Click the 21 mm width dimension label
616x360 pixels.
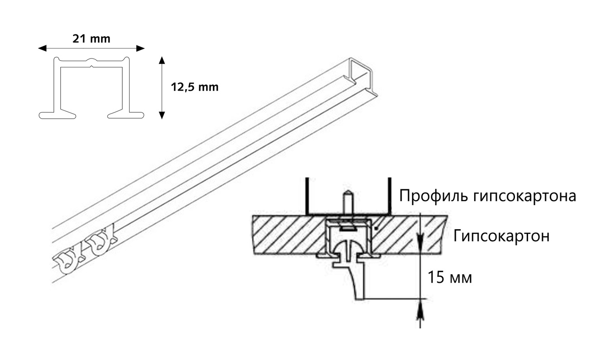pyautogui.click(x=91, y=39)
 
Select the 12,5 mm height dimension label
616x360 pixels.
pyautogui.click(x=195, y=87)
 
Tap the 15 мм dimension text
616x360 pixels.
pyautogui.click(x=450, y=278)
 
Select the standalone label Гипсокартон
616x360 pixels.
pyautogui.click(x=501, y=236)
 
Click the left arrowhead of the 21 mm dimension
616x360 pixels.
pyautogui.click(x=42, y=48)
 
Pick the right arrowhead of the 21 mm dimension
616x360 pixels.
pyautogui.click(x=140, y=48)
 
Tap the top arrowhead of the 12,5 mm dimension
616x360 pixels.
pyautogui.click(x=162, y=61)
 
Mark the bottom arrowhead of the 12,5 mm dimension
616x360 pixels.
pyautogui.click(x=162, y=115)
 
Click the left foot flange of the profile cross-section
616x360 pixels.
pyautogui.click(x=58, y=115)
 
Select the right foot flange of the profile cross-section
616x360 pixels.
pyautogui.click(x=125, y=115)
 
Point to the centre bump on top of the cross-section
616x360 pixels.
pyautogui.click(x=91, y=60)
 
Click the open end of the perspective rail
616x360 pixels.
pyautogui.click(x=362, y=76)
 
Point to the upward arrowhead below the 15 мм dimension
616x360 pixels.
pyautogui.click(x=420, y=313)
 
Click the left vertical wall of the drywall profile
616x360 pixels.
pyautogui.click(x=308, y=196)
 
